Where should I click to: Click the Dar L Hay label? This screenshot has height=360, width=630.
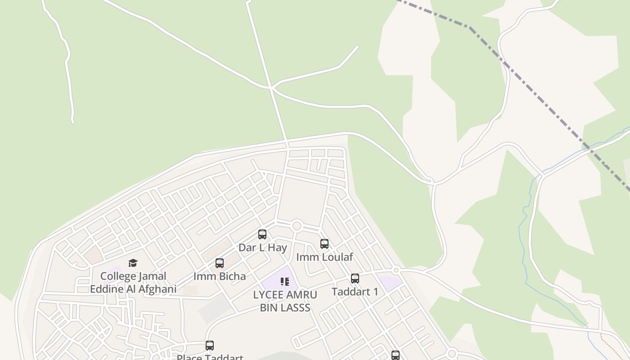262,247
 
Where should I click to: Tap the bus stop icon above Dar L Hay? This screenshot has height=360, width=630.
262,234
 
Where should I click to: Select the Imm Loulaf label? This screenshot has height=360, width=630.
324,257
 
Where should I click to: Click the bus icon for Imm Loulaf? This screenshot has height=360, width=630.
324,244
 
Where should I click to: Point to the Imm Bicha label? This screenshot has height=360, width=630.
220,276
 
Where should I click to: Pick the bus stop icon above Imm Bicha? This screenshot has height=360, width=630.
220,263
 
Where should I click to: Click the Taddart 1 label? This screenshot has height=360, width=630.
355,292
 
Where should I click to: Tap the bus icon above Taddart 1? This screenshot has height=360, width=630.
355,279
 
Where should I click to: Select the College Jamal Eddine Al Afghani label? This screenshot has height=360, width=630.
133,282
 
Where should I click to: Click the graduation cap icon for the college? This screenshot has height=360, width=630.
133,263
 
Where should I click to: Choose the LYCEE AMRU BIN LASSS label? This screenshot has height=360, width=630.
285,301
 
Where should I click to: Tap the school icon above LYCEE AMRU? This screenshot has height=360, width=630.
284,282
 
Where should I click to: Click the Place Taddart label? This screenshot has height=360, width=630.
210,357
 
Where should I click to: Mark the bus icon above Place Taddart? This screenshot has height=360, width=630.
210,346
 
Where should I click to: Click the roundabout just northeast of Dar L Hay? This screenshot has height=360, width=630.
297,226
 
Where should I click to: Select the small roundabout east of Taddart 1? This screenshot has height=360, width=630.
396,270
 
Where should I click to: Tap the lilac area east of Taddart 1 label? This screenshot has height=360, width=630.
390,283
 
